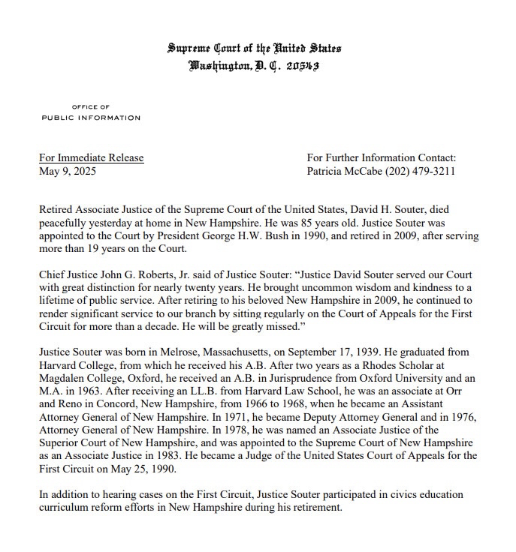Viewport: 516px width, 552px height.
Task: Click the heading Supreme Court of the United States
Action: pos(254,49)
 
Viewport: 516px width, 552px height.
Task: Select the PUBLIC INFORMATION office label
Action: pos(91,118)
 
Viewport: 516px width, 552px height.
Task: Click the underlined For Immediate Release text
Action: pos(91,157)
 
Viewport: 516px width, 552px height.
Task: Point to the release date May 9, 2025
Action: pos(68,171)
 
